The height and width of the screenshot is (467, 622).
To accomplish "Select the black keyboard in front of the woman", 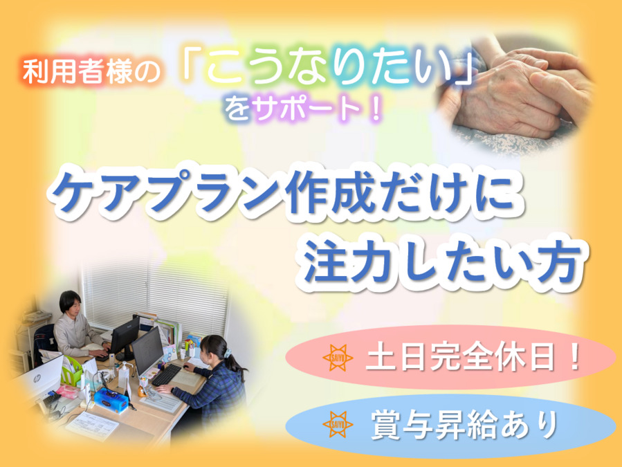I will click(x=166, y=376).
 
